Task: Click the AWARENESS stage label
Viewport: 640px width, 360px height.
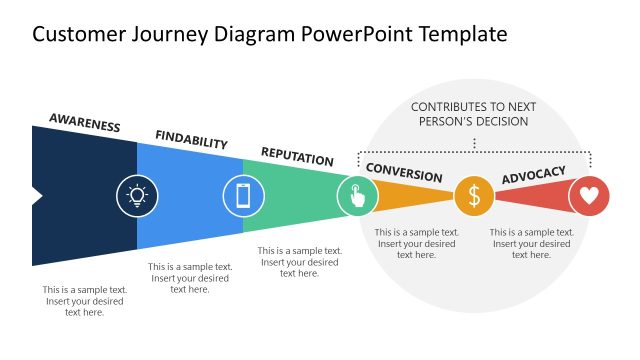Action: click(x=85, y=124)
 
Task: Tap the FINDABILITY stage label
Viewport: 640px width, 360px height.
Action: click(x=191, y=140)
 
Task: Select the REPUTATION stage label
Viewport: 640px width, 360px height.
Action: click(x=297, y=157)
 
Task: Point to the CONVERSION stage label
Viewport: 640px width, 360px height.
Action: click(x=403, y=171)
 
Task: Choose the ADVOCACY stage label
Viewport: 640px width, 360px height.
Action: click(x=533, y=175)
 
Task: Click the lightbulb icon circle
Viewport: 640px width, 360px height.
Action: click(x=137, y=195)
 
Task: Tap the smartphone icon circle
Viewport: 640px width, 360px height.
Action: click(x=242, y=195)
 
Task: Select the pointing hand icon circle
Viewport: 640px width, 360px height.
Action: click(x=357, y=195)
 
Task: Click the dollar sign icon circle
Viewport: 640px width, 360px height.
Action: click(x=474, y=196)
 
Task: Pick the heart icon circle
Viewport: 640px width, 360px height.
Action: click(x=589, y=196)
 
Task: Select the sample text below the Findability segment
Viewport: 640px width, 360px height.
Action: click(x=190, y=278)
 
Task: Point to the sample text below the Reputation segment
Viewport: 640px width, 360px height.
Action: click(x=299, y=262)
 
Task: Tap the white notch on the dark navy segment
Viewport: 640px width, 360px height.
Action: click(x=37, y=196)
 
